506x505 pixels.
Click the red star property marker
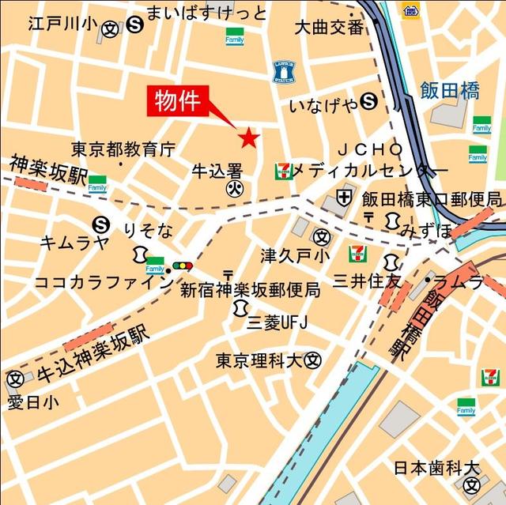249,138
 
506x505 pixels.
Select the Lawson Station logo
284,71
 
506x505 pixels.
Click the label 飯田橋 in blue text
449,91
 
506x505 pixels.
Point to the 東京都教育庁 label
123,149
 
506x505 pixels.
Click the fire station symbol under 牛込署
235,188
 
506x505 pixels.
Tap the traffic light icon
183,266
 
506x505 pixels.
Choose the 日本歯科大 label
436,468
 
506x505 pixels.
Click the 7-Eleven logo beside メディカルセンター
283,171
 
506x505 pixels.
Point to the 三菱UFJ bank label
276,321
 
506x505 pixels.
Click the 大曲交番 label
329,28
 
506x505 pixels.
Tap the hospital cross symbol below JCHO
345,195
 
